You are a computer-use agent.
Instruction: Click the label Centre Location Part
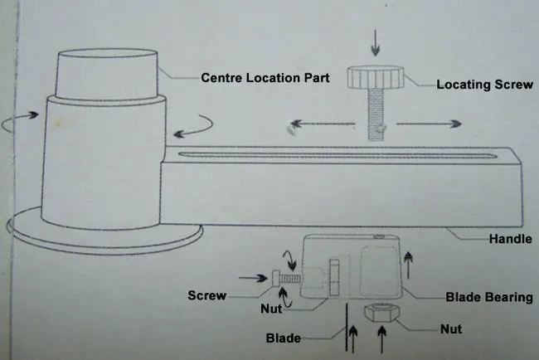click(x=265, y=78)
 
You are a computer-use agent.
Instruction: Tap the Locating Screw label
click(x=485, y=85)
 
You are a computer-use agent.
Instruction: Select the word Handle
click(x=511, y=239)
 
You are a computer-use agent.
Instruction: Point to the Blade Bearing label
click(x=489, y=297)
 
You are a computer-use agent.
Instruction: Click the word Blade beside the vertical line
click(x=284, y=338)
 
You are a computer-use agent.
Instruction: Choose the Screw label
click(x=207, y=295)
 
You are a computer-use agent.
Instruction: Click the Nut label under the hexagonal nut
click(x=451, y=329)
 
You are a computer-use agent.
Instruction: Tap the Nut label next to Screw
click(x=271, y=309)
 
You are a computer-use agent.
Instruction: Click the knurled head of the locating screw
click(x=376, y=77)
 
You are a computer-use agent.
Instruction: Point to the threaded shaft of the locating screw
click(x=376, y=114)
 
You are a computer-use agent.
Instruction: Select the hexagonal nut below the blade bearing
click(x=381, y=313)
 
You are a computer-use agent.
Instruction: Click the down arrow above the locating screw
click(x=376, y=42)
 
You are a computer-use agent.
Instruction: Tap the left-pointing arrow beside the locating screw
click(x=323, y=124)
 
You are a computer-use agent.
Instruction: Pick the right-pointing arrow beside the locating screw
click(x=429, y=124)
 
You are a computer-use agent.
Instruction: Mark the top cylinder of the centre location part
click(x=106, y=74)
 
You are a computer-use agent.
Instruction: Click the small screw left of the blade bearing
click(x=287, y=279)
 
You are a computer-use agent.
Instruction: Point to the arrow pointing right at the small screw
click(x=253, y=278)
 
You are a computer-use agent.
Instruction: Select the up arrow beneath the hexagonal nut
click(x=381, y=339)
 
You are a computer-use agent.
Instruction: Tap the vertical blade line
click(x=347, y=328)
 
